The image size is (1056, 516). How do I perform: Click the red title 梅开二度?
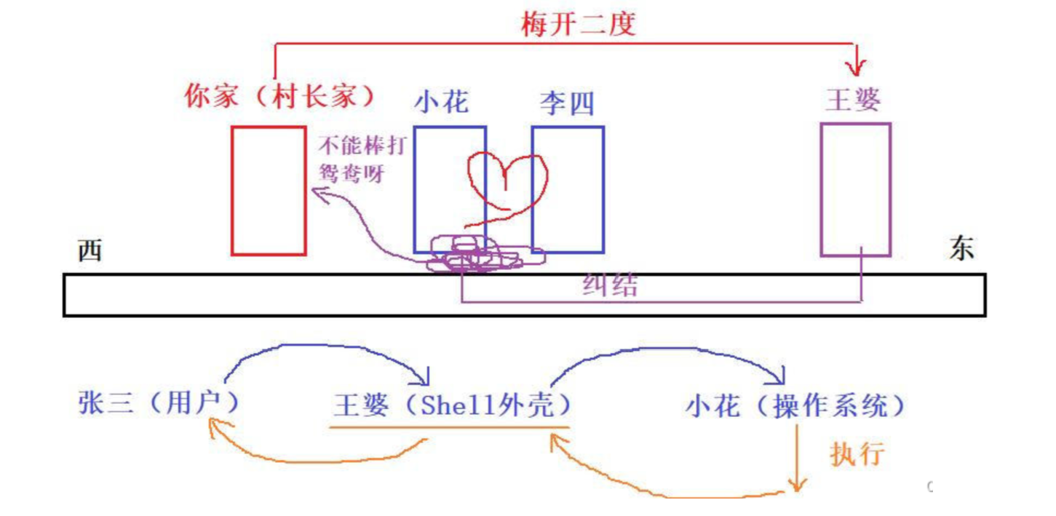(579, 24)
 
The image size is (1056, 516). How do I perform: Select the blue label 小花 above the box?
(442, 102)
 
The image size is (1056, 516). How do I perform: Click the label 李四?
(567, 103)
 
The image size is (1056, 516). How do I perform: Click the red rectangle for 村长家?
(268, 191)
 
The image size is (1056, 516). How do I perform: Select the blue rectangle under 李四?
(568, 189)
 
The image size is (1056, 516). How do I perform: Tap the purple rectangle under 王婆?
(855, 189)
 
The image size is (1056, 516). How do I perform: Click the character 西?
(90, 251)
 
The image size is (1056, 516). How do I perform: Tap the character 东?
(961, 250)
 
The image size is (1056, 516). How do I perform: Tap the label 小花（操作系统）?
(795, 406)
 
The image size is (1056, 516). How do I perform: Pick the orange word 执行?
(857, 454)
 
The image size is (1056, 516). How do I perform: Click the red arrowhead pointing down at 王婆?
(857, 68)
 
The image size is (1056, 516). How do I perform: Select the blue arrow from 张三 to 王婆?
(320, 352)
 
